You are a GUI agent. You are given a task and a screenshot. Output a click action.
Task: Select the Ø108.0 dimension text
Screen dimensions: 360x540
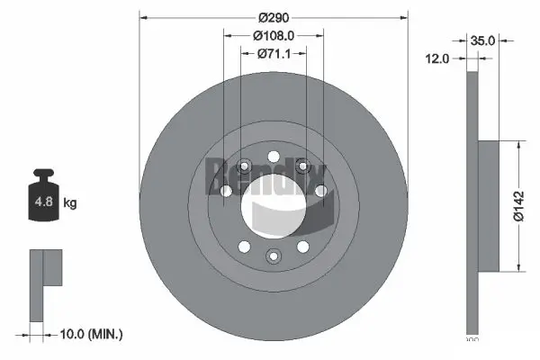pyautogui.click(x=274, y=36)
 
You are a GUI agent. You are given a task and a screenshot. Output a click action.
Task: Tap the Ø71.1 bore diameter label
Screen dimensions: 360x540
pyautogui.click(x=274, y=53)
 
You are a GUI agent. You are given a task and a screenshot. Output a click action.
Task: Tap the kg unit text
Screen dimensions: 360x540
pyautogui.click(x=69, y=203)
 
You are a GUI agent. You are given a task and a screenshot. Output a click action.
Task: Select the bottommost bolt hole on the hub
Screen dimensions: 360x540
pyautogui.click(x=273, y=256)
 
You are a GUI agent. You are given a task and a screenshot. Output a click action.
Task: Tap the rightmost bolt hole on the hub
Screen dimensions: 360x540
pyautogui.click(x=320, y=190)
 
